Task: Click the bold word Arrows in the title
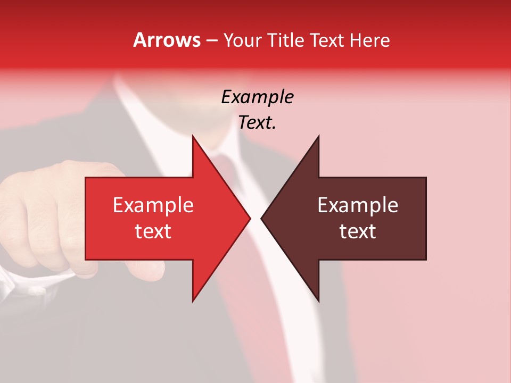click(x=167, y=40)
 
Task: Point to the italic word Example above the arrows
click(x=257, y=97)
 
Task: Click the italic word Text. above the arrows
click(x=257, y=123)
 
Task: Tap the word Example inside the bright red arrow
click(x=153, y=205)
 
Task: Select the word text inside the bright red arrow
click(x=153, y=231)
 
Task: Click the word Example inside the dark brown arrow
click(x=358, y=205)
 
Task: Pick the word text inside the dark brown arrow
click(x=358, y=231)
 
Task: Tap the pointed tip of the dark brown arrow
click(x=262, y=218)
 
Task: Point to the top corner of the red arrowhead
click(x=193, y=136)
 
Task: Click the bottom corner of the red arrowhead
click(x=193, y=301)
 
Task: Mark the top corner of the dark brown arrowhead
click(x=318, y=136)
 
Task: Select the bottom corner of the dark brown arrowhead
click(x=318, y=301)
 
